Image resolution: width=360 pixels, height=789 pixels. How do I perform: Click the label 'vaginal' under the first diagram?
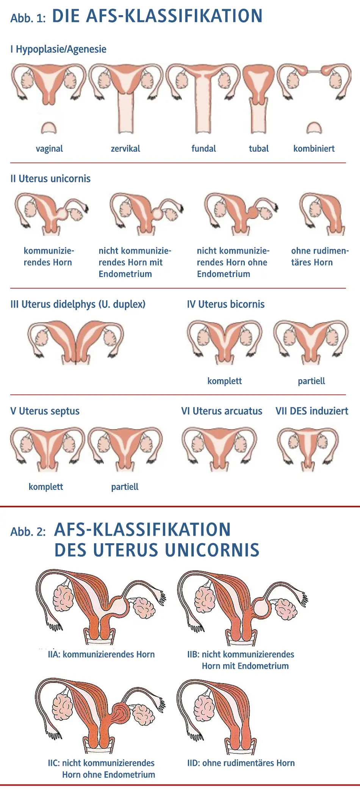(x=49, y=149)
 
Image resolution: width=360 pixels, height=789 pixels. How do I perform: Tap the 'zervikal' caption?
(x=125, y=149)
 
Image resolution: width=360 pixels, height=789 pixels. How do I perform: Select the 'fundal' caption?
(x=203, y=149)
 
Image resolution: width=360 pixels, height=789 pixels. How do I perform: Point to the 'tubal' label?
(x=258, y=149)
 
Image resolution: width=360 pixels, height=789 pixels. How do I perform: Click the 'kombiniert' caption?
(x=314, y=149)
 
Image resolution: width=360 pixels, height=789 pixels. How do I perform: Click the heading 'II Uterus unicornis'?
(x=50, y=179)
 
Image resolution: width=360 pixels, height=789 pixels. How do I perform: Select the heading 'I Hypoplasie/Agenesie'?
(x=58, y=49)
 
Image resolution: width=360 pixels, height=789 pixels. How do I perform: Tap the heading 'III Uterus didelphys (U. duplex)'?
(x=78, y=304)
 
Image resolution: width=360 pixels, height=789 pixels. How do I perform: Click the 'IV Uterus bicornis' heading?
(x=225, y=304)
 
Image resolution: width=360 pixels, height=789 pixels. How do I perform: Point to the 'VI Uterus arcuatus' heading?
(x=222, y=411)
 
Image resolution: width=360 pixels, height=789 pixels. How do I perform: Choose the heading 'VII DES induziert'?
(x=312, y=411)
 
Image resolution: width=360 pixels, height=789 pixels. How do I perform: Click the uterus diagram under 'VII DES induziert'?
(x=308, y=448)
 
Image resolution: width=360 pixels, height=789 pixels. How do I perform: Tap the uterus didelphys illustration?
(x=76, y=341)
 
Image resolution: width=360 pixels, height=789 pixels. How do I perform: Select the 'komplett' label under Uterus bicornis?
(x=224, y=381)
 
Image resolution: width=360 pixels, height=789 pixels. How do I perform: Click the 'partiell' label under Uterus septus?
(x=125, y=487)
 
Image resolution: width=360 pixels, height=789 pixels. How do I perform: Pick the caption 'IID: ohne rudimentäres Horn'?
(x=241, y=763)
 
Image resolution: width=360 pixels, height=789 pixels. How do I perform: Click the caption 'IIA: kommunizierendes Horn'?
(x=101, y=654)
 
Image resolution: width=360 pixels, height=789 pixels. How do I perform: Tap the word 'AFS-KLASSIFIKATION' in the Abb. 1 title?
(x=174, y=16)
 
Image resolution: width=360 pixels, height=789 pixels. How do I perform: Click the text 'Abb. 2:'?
(x=28, y=532)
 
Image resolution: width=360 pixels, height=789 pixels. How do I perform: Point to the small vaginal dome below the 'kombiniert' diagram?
(x=314, y=129)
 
